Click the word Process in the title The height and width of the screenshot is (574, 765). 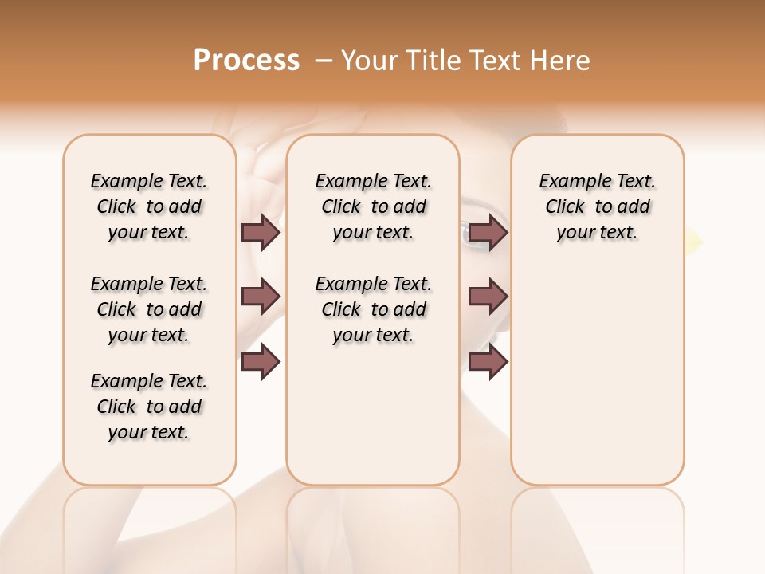click(x=246, y=61)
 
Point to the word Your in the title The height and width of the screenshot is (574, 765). click(x=370, y=61)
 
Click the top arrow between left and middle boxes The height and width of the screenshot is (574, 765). click(x=261, y=232)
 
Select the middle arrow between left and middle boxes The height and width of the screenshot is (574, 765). click(x=261, y=297)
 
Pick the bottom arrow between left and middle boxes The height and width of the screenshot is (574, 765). click(x=261, y=362)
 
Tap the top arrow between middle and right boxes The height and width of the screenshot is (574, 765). click(x=488, y=232)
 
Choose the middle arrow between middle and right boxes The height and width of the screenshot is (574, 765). click(x=488, y=297)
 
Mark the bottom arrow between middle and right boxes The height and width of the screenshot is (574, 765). click(x=488, y=362)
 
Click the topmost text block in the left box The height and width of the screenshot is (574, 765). click(x=149, y=206)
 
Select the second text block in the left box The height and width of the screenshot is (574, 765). click(x=149, y=309)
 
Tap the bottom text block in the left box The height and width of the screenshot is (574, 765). click(x=149, y=407)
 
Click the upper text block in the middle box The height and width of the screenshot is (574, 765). click(x=373, y=206)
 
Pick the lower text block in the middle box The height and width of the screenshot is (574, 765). click(x=373, y=309)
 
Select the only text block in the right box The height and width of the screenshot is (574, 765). click(x=597, y=206)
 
